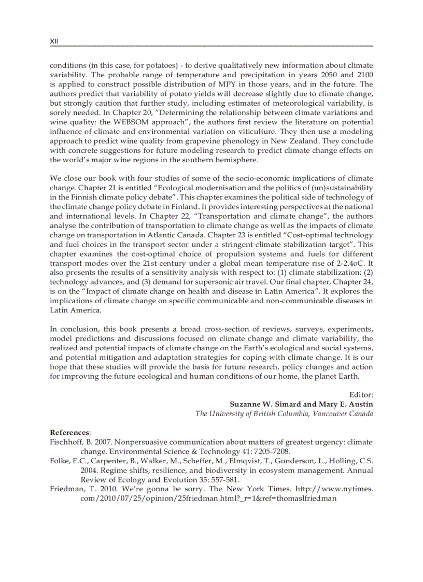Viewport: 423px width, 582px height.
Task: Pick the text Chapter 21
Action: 90,187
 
